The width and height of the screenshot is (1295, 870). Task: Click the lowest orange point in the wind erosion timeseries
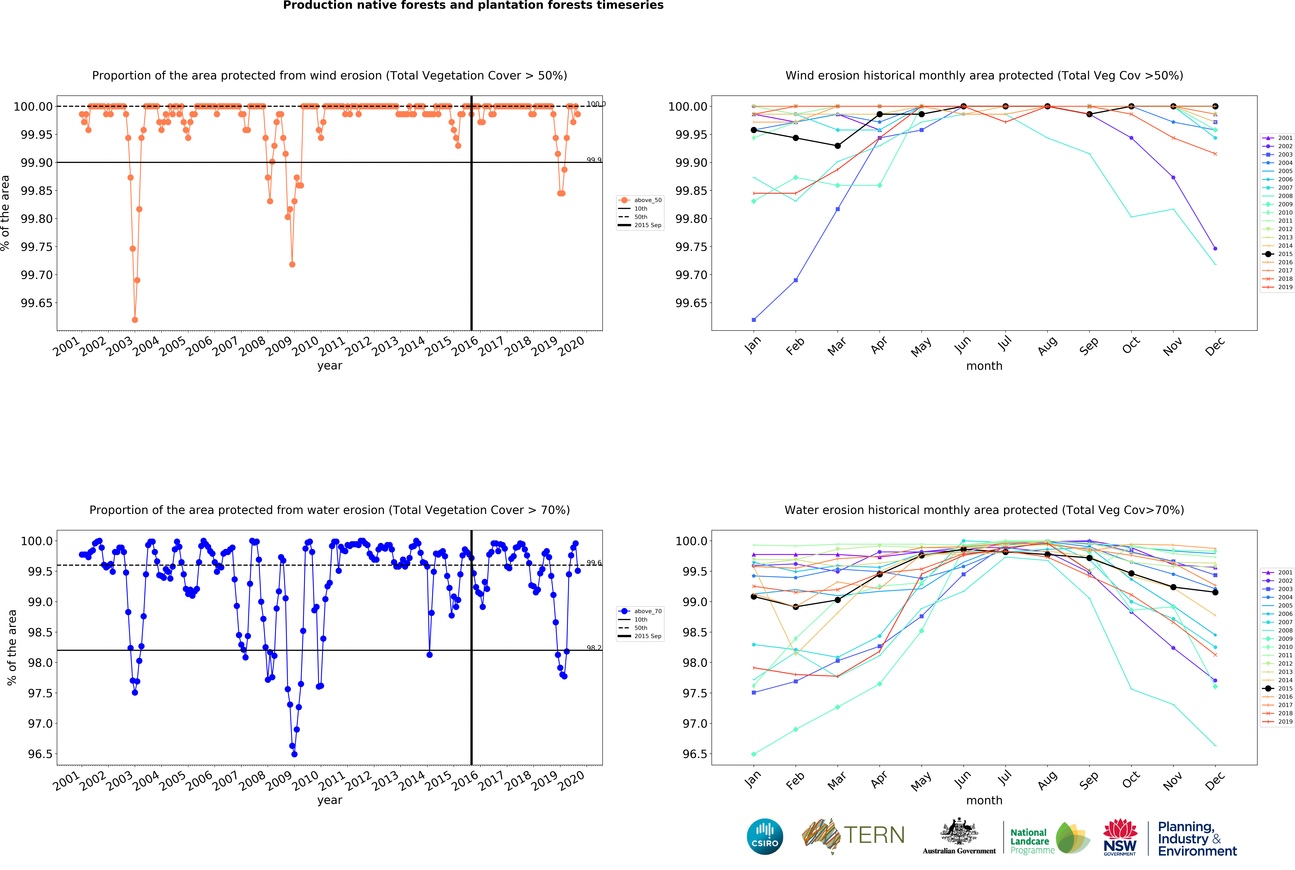[135, 320]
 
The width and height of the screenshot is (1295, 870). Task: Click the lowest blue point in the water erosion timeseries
[294, 754]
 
